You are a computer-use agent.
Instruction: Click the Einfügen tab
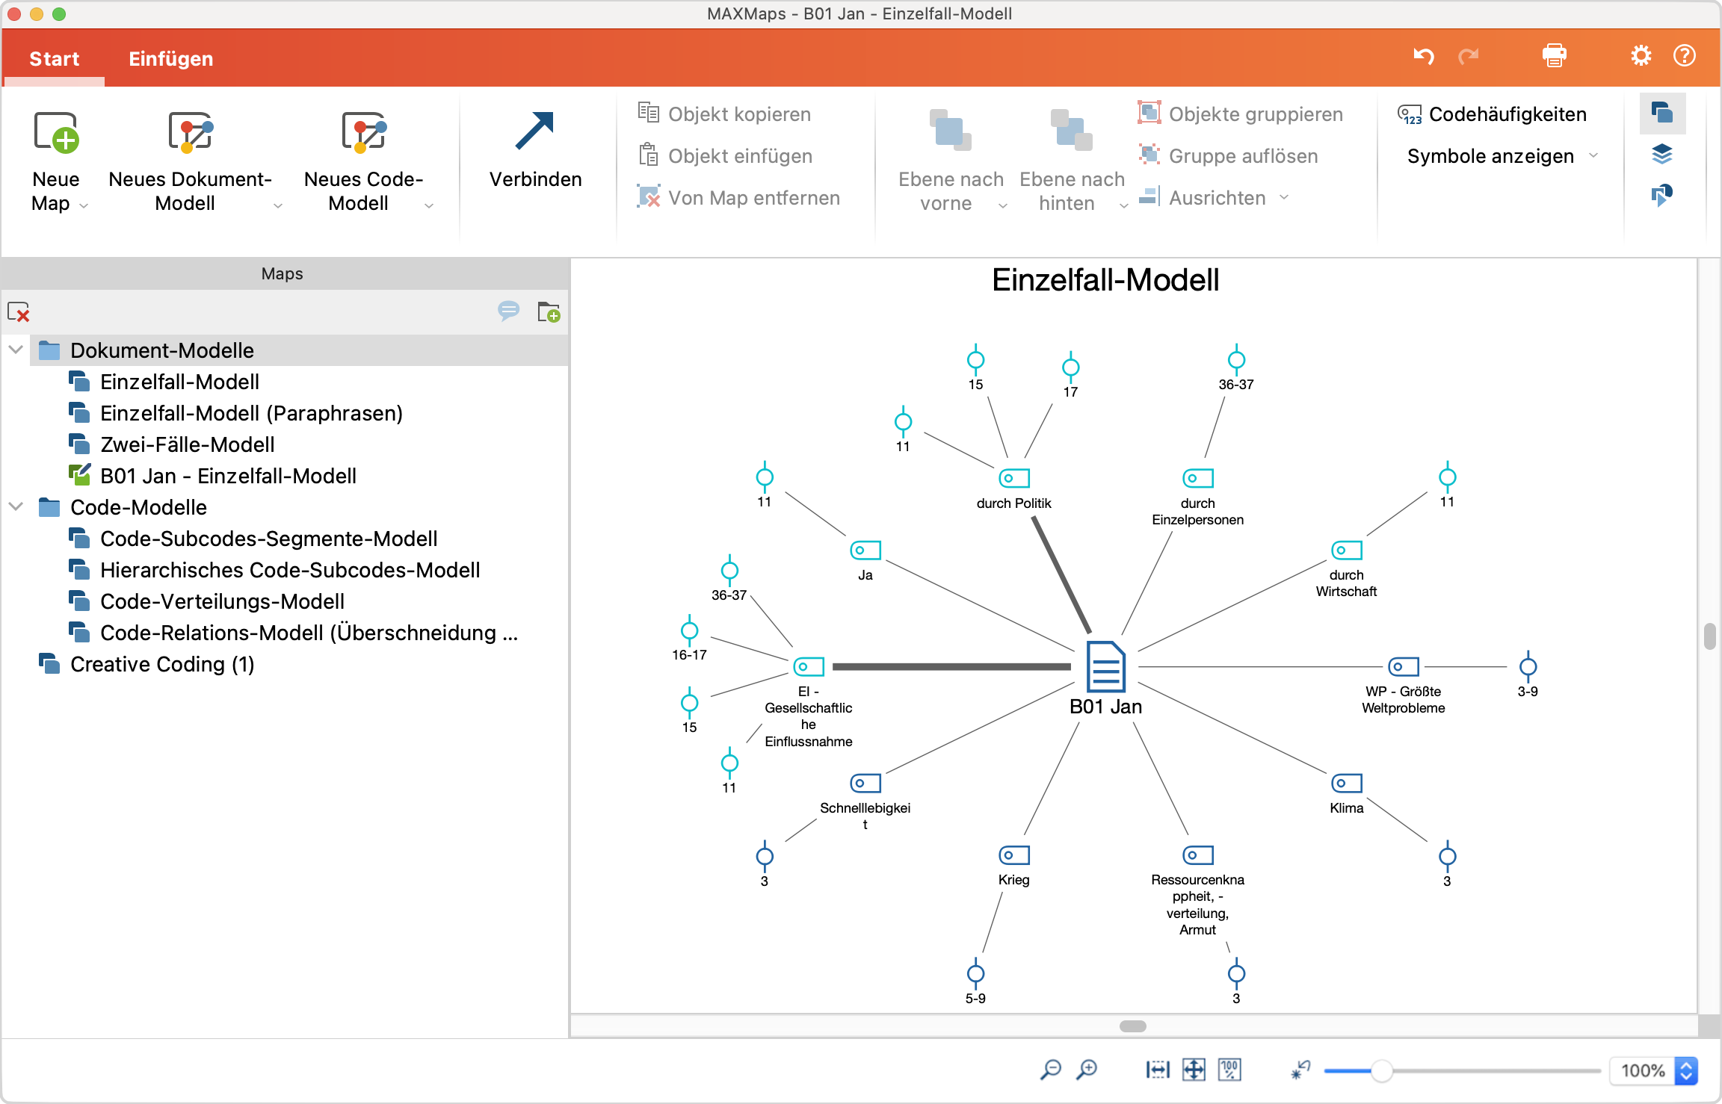(x=170, y=59)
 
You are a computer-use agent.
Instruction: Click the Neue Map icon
(x=56, y=133)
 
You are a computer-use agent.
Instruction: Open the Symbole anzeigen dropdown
(x=1502, y=156)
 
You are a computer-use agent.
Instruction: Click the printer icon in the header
(x=1554, y=56)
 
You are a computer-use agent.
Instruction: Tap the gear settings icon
(x=1641, y=56)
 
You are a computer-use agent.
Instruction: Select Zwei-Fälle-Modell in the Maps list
(x=187, y=444)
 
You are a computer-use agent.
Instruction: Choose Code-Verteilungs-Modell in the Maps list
(x=222, y=601)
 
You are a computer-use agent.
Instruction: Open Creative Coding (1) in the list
(x=162, y=664)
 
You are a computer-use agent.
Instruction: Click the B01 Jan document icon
(x=1105, y=666)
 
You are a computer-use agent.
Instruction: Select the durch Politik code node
(x=1013, y=478)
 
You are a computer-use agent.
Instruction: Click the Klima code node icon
(x=1346, y=783)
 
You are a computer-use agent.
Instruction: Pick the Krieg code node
(x=1013, y=855)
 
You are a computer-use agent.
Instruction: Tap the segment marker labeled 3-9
(x=1528, y=666)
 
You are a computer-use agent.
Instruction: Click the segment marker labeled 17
(x=1070, y=368)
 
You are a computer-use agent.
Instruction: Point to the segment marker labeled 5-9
(x=975, y=974)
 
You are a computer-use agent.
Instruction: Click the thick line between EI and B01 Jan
(x=949, y=666)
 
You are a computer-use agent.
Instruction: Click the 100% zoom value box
(x=1642, y=1070)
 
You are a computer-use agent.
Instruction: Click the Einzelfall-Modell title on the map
(x=1105, y=280)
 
